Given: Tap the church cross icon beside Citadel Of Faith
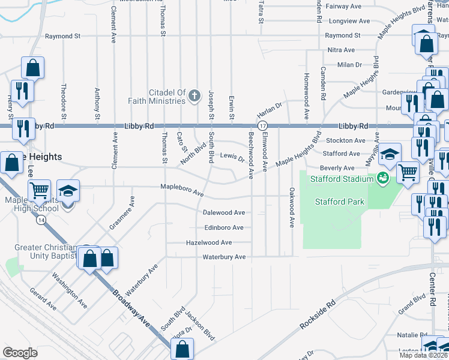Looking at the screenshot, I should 194,95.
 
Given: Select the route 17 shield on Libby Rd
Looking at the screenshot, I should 262,126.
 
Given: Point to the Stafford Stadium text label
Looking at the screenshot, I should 341,178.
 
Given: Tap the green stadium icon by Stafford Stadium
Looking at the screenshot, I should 381,178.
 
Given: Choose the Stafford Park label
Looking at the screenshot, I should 340,202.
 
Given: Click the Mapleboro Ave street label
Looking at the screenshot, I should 182,191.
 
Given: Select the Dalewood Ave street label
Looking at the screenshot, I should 224,212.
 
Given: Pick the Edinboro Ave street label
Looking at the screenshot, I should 224,227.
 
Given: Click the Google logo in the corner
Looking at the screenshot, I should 20,353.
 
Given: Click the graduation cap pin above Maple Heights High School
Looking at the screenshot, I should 68,191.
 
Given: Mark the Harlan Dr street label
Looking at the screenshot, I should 270,110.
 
